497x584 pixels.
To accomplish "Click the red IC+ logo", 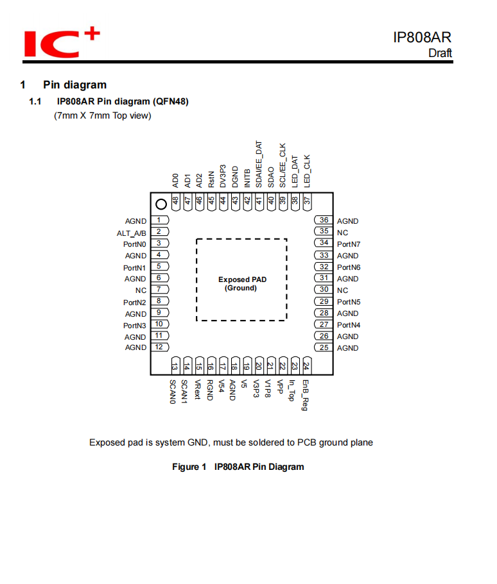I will coord(62,43).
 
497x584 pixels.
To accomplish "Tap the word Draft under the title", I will coord(440,53).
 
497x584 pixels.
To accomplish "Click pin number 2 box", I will coord(159,232).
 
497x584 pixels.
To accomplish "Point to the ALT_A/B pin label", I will coord(131,233).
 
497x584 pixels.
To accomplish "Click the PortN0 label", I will coord(135,244).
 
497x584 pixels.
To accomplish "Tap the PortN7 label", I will coord(349,244).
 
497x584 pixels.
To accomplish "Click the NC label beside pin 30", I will coord(342,290).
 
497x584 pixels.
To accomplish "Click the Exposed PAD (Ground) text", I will coord(241,284).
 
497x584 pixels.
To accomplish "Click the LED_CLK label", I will coord(307,171).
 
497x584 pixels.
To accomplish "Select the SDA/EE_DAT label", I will coord(259,164).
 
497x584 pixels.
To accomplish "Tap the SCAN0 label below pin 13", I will coord(173,391).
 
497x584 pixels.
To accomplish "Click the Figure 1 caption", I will coord(238,467).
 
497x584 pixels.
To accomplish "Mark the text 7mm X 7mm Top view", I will coord(103,116).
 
